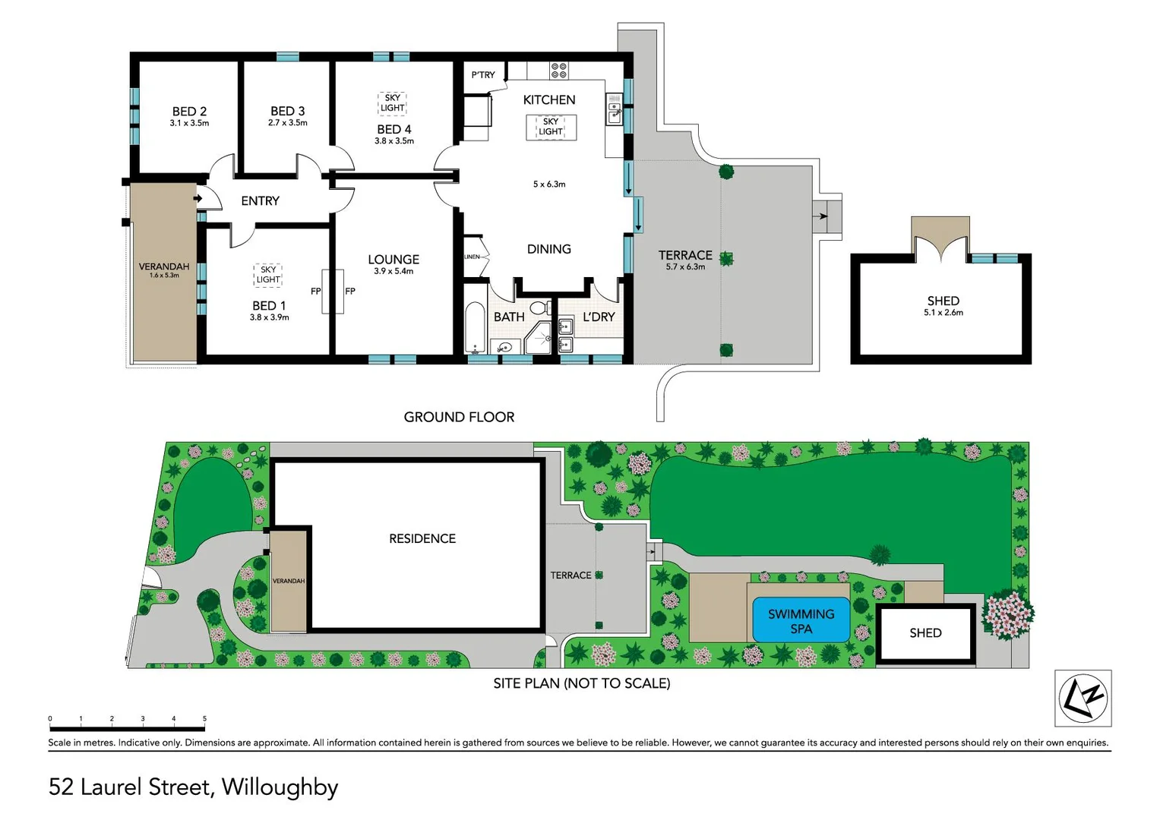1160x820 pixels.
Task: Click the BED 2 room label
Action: tap(189, 112)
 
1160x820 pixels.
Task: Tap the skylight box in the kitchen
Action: tap(551, 127)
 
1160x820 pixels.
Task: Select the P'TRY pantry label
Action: tap(482, 75)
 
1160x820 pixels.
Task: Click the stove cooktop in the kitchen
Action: tap(559, 71)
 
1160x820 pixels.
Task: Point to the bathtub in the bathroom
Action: tap(475, 329)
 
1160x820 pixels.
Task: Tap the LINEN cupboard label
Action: tap(473, 257)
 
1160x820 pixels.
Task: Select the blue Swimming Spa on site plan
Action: tap(801, 620)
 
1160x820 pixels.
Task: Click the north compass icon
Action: tap(1083, 698)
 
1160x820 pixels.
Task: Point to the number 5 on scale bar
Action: tap(204, 718)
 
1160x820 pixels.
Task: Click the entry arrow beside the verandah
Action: tap(198, 199)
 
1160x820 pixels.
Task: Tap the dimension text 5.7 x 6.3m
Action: tap(685, 267)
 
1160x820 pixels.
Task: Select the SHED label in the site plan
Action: tap(925, 633)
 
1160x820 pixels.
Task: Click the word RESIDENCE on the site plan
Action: tap(422, 539)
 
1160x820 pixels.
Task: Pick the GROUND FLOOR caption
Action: tap(459, 418)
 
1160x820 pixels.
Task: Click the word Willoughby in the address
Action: tap(280, 787)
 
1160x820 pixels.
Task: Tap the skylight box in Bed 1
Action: tap(268, 275)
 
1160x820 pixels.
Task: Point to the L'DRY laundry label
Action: tap(599, 317)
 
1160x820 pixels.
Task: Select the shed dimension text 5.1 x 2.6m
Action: tap(943, 313)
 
